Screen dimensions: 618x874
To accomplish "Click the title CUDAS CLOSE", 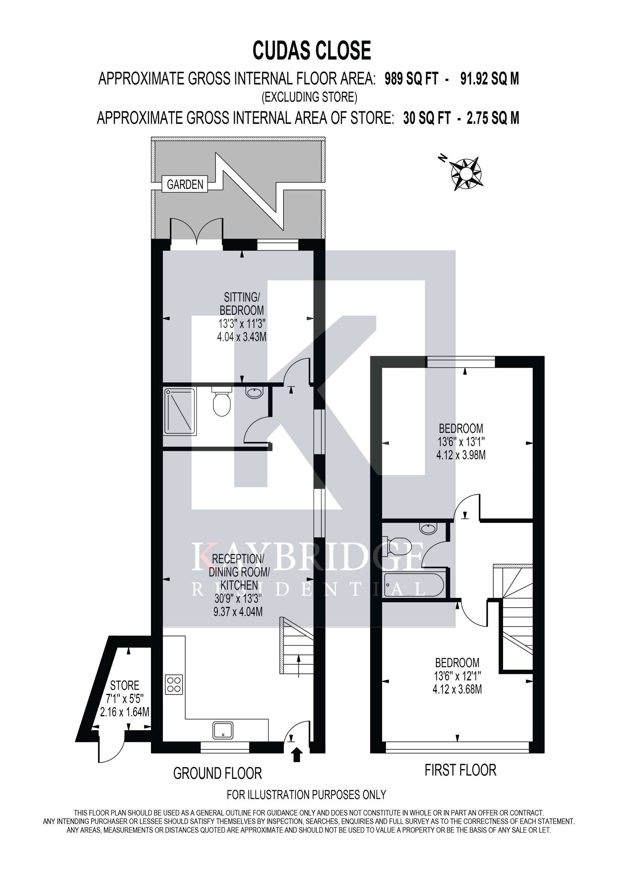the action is (x=312, y=51).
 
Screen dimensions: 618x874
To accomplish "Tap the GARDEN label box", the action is (x=185, y=184).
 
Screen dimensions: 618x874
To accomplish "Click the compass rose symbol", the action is (x=467, y=174).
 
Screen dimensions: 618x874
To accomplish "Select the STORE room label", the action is (x=125, y=685).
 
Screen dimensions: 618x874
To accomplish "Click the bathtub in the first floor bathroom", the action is (x=414, y=584).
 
